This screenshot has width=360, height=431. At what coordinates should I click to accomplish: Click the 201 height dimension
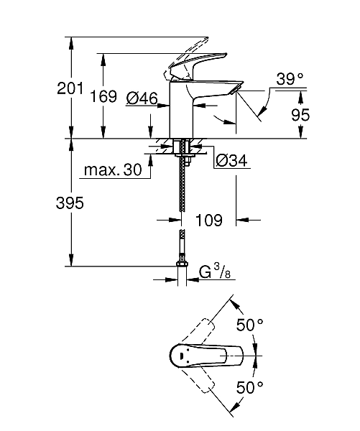pyautogui.click(x=71, y=89)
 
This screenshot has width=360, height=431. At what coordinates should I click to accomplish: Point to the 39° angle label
pyautogui.click(x=290, y=80)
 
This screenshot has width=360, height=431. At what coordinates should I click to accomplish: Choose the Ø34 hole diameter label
pyautogui.click(x=231, y=161)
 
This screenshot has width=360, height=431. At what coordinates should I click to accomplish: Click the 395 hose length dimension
pyautogui.click(x=70, y=203)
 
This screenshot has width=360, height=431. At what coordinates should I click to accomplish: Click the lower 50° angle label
pyautogui.click(x=250, y=388)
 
